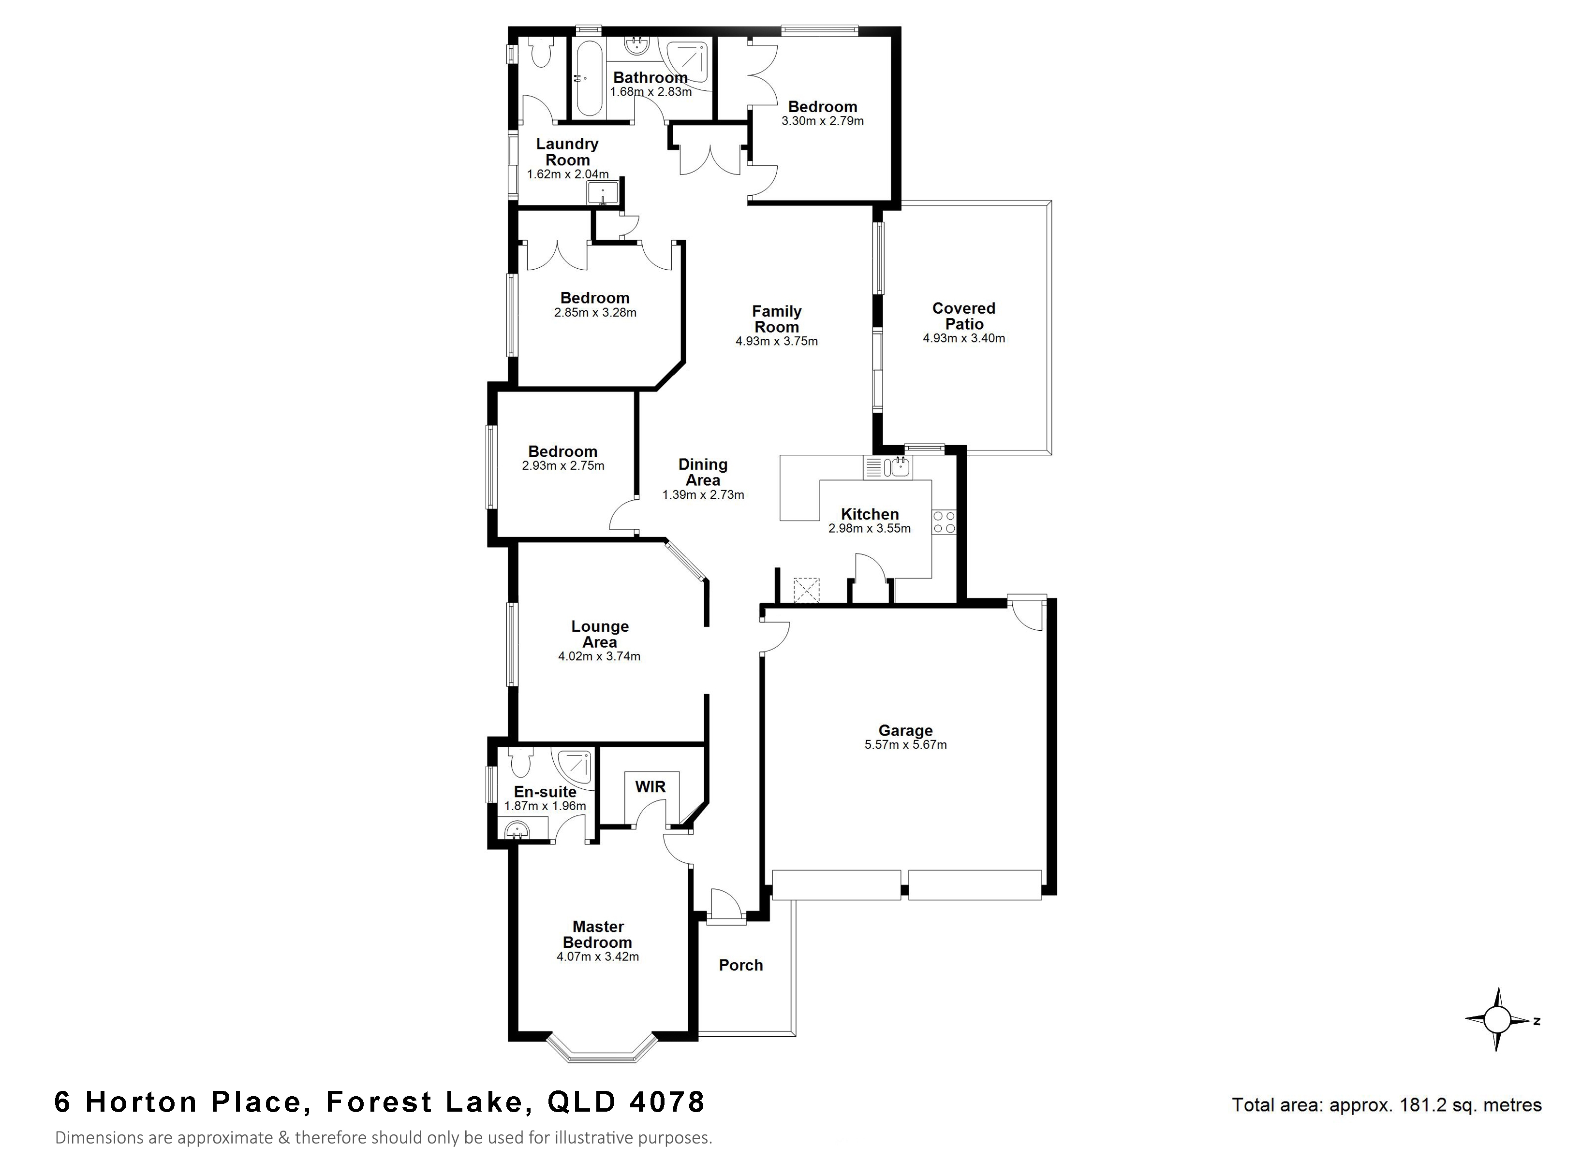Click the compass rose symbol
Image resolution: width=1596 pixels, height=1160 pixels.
1497,1019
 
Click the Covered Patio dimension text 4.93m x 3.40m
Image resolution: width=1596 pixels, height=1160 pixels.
963,338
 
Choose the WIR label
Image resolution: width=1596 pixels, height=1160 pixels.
650,786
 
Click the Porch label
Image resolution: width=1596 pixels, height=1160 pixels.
741,965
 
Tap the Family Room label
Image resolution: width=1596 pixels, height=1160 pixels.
776,319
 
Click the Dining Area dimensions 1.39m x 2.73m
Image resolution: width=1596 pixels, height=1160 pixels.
703,494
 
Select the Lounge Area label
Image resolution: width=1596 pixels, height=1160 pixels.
600,634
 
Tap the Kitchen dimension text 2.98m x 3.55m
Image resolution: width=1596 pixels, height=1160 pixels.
869,528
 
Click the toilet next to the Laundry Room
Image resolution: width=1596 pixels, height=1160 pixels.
540,53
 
